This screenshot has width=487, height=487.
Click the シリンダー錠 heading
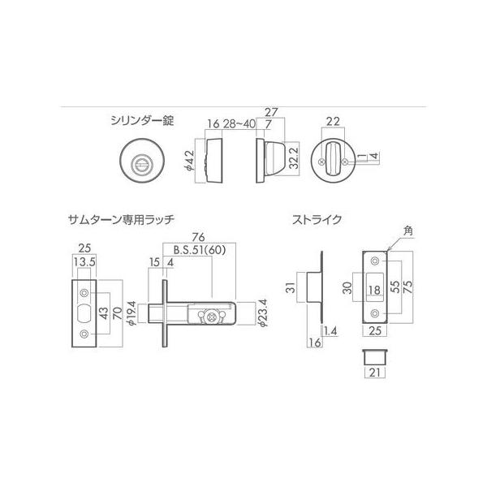click(x=142, y=120)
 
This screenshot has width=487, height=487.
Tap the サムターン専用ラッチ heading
click(x=121, y=220)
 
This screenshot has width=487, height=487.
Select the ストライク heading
click(x=317, y=220)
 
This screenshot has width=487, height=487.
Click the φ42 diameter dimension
click(x=190, y=161)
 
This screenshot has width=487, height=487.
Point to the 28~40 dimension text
click(x=239, y=123)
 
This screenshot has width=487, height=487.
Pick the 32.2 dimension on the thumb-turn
click(x=294, y=157)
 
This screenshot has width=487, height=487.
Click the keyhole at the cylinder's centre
click(x=142, y=162)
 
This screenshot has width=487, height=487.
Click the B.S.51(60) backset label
click(x=199, y=250)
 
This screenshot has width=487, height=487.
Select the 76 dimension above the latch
click(x=199, y=237)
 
